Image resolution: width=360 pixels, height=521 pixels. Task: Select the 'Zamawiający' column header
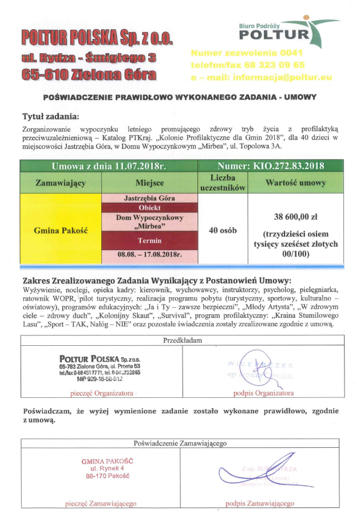(x=61, y=183)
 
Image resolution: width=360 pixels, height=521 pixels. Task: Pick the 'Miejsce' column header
(x=150, y=183)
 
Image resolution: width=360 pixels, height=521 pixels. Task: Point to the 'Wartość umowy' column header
(x=296, y=183)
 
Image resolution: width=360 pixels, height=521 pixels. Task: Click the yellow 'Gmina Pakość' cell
(x=61, y=230)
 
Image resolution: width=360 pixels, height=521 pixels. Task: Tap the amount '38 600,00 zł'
(x=296, y=218)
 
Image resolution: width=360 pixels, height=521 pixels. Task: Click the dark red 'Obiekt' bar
(x=150, y=207)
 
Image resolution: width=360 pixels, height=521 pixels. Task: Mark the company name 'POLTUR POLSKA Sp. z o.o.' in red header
(x=97, y=38)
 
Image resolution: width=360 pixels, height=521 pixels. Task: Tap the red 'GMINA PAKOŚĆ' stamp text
(x=107, y=460)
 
